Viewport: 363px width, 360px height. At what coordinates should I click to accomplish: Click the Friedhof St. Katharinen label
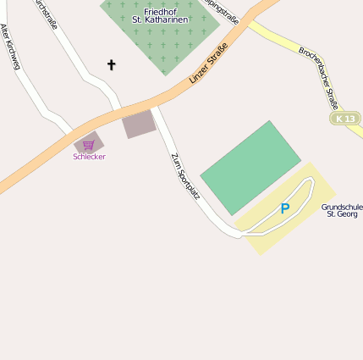click(160, 14)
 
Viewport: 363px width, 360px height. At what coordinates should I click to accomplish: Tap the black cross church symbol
click(111, 64)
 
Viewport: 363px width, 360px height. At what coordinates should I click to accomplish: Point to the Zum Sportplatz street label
click(185, 176)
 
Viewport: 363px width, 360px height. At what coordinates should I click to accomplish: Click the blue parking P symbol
click(285, 208)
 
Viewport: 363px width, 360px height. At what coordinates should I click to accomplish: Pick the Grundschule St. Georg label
click(342, 210)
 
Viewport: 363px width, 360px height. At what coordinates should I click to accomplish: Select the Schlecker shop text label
click(89, 157)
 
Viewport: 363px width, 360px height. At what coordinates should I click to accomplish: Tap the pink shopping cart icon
click(88, 145)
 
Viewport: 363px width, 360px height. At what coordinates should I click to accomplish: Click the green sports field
click(250, 166)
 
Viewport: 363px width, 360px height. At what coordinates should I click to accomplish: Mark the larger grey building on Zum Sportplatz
click(140, 125)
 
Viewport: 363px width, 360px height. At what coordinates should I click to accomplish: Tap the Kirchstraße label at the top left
click(47, 14)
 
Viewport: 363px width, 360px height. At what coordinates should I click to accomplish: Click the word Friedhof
click(160, 9)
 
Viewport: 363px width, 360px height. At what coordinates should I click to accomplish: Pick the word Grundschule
click(342, 206)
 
